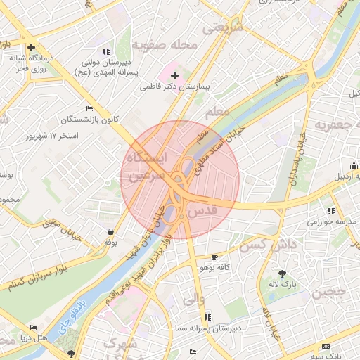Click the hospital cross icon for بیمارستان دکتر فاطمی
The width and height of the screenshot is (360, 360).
(x=175, y=75)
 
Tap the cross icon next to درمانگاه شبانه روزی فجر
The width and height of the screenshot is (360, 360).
(x=31, y=46)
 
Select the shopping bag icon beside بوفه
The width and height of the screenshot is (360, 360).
(x=110, y=231)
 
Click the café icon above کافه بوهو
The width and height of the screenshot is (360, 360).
(x=214, y=257)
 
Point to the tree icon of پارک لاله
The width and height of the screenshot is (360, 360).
(x=283, y=274)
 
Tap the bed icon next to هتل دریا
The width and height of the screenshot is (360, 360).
(x=33, y=328)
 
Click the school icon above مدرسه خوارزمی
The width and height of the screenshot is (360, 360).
(x=330, y=211)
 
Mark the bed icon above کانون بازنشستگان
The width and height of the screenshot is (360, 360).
(x=89, y=108)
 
